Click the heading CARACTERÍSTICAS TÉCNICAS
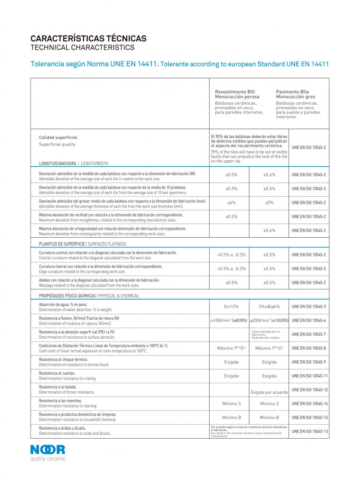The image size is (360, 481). [88, 39]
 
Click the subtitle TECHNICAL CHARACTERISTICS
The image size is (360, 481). [82, 47]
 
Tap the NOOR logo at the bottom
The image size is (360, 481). [48, 450]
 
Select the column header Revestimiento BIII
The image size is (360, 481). [235, 92]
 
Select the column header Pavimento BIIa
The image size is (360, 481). [292, 92]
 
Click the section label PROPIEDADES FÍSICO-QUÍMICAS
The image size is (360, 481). [67, 296]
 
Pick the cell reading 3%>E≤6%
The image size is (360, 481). [269, 306]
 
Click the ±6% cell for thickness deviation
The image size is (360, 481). [231, 202]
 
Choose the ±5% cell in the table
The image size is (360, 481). [269, 202]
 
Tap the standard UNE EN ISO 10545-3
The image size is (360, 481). [309, 306]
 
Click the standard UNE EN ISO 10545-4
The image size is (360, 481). [309, 320]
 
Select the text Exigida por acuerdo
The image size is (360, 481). [269, 392]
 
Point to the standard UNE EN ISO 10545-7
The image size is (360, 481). [309, 334]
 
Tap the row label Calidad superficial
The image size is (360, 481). [58, 137]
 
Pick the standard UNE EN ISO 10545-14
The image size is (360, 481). [309, 403]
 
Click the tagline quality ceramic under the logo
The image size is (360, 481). [48, 459]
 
